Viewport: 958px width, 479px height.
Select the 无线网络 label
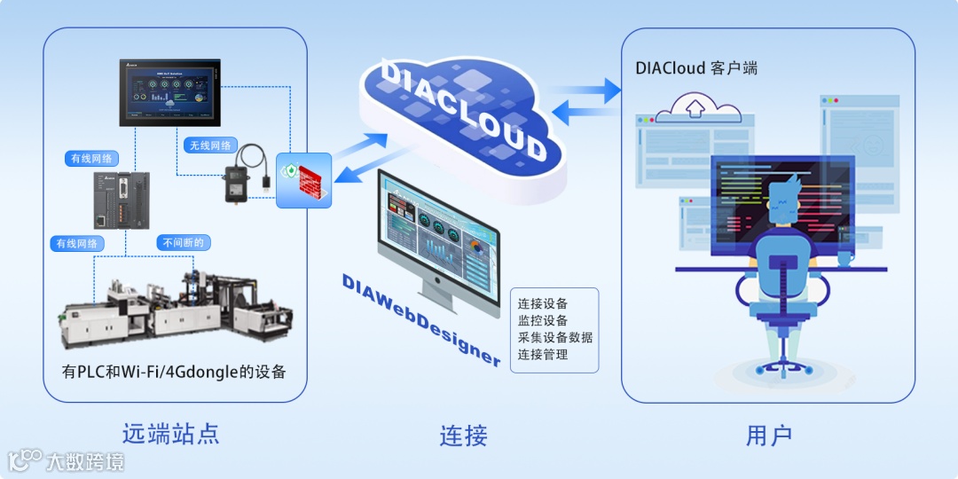(x=210, y=145)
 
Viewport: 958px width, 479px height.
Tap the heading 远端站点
(x=170, y=434)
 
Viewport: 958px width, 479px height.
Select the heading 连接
(x=463, y=436)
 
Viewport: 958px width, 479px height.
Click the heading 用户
(x=769, y=436)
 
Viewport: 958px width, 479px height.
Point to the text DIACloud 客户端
(x=696, y=68)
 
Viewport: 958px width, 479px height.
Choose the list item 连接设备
(x=543, y=303)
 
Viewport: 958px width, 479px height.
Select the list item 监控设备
(x=543, y=320)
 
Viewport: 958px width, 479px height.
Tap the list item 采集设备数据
(x=555, y=337)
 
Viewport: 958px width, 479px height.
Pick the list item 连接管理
(x=543, y=354)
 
